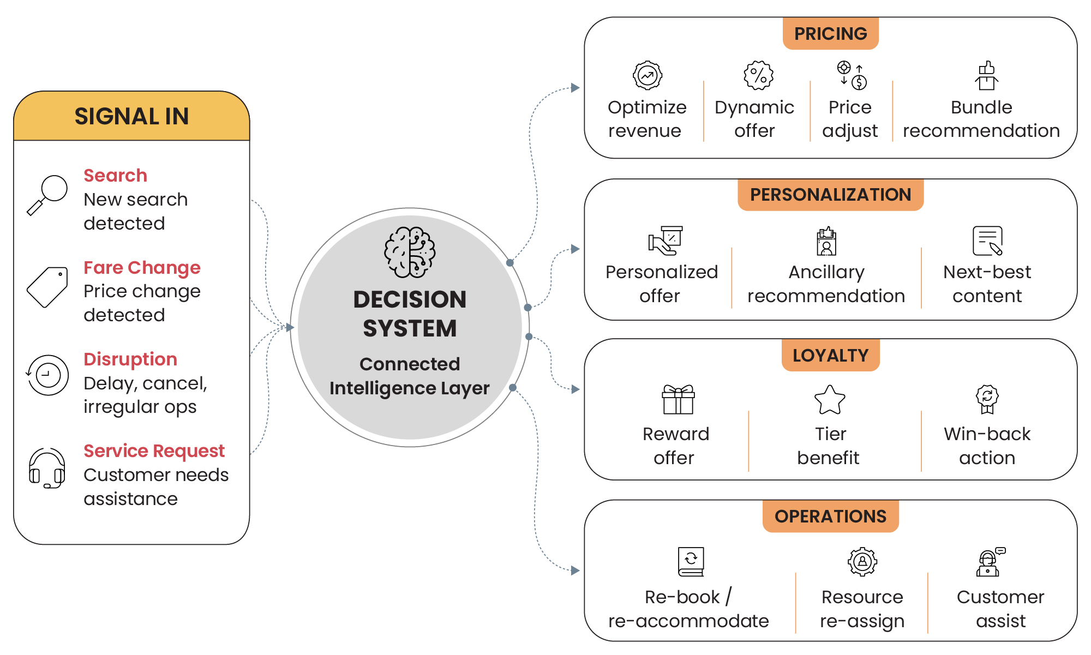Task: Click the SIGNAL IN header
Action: (131, 116)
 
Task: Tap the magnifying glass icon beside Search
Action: (47, 195)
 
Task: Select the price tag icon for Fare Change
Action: (47, 287)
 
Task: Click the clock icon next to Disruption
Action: (47, 375)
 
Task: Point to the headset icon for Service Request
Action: (47, 468)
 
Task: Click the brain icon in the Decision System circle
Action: (410, 252)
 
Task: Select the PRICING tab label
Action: (830, 34)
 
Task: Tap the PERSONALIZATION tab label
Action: (830, 195)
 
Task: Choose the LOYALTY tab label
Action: (830, 356)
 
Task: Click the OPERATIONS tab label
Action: (830, 516)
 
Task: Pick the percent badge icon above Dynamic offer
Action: (758, 75)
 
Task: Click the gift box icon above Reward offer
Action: (678, 399)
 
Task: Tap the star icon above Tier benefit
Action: (830, 400)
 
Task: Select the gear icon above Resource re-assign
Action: (862, 561)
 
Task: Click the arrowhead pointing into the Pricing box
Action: (575, 87)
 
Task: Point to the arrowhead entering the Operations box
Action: (575, 570)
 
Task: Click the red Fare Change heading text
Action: (142, 267)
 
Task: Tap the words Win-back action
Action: (987, 446)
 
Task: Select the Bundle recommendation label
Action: (981, 119)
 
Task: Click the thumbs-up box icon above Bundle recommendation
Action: (986, 75)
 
